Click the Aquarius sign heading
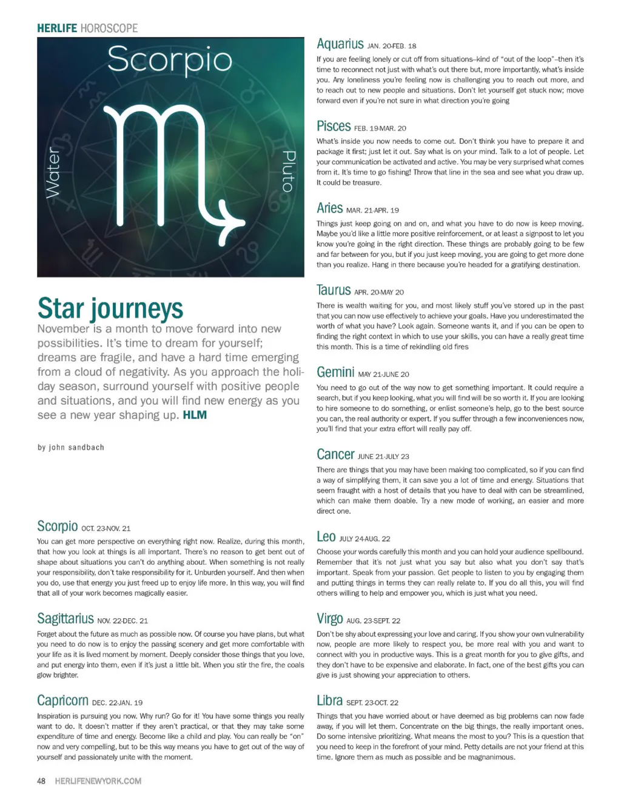click(340, 44)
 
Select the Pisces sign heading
click(334, 126)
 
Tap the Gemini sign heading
click(335, 372)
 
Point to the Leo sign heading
click(326, 536)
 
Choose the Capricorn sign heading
click(62, 701)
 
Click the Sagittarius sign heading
click(65, 618)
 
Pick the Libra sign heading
click(329, 701)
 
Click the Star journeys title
click(110, 308)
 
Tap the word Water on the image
click(53, 172)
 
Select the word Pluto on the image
click(289, 172)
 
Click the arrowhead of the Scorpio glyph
click(233, 222)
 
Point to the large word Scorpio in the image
click(170, 60)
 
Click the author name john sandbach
click(71, 447)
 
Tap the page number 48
click(41, 781)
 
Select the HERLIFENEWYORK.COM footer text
click(98, 781)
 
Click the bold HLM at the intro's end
click(195, 415)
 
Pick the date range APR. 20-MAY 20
click(378, 292)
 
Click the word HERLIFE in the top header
click(57, 28)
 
